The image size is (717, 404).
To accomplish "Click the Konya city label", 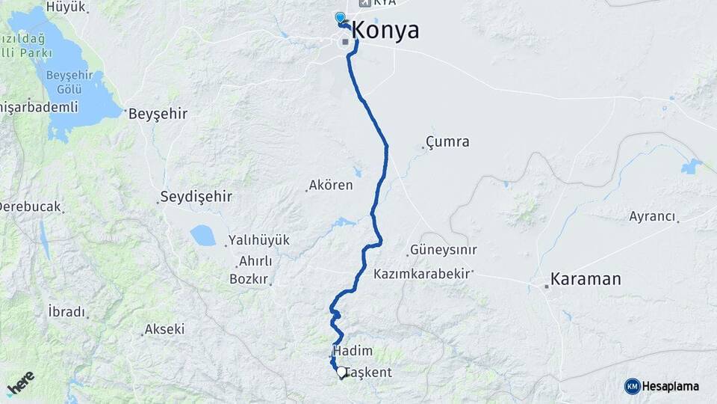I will pyautogui.click(x=385, y=31).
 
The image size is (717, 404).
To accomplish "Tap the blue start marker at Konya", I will pyautogui.click(x=341, y=17).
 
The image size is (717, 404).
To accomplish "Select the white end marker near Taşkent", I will pyautogui.click(x=341, y=371).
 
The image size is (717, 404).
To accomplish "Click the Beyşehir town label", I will pyautogui.click(x=158, y=114).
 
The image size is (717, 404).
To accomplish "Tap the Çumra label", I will pyautogui.click(x=447, y=141).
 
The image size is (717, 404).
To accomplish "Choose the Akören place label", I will pyautogui.click(x=332, y=185).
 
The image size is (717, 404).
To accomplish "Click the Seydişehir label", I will pyautogui.click(x=196, y=198).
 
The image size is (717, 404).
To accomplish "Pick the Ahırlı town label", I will pyautogui.click(x=255, y=261).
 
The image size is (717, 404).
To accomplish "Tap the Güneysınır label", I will pyautogui.click(x=443, y=251).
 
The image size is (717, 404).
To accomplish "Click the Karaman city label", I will pyautogui.click(x=586, y=280).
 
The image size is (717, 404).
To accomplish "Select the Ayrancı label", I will pyautogui.click(x=652, y=216).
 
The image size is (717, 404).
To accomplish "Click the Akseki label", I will pyautogui.click(x=164, y=329).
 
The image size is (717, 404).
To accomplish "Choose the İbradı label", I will pyautogui.click(x=66, y=312).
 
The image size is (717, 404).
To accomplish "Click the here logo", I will pyautogui.click(x=21, y=383).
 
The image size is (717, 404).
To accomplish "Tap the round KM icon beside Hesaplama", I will pyautogui.click(x=632, y=386).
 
